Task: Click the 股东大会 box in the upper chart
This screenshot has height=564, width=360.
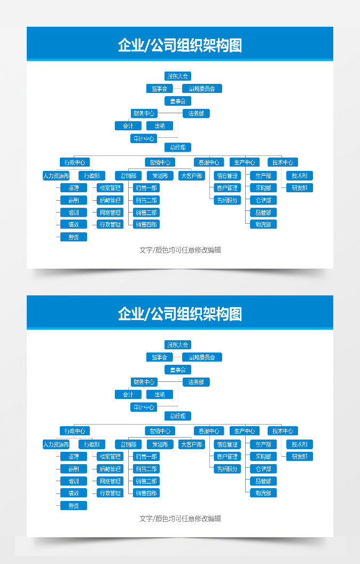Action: point(177,76)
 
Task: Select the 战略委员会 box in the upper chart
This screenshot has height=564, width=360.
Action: point(202,89)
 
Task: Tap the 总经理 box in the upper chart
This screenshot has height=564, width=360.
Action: point(177,147)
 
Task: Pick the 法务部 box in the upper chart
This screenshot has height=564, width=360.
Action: point(196,113)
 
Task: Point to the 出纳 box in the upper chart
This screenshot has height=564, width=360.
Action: point(160,126)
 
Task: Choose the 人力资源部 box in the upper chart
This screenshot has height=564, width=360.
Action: point(56,176)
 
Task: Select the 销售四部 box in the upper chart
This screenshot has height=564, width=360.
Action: point(146,224)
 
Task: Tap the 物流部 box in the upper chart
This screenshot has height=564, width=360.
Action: point(263,224)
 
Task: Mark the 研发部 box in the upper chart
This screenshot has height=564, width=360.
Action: point(299,188)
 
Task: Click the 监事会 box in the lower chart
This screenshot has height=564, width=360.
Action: point(159,357)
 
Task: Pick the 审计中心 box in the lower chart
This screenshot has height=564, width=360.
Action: point(144,407)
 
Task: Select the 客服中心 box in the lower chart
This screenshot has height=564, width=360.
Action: point(208,431)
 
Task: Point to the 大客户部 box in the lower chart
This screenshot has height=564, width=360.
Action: point(191,444)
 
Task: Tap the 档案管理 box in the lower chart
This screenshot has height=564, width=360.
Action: point(111,457)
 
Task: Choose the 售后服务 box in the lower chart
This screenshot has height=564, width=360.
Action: point(227,468)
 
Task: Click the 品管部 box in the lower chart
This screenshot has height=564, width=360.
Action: point(263,481)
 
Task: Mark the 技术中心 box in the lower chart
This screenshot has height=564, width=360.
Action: point(283,431)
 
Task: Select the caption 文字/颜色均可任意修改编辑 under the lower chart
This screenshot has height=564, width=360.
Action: point(180,519)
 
